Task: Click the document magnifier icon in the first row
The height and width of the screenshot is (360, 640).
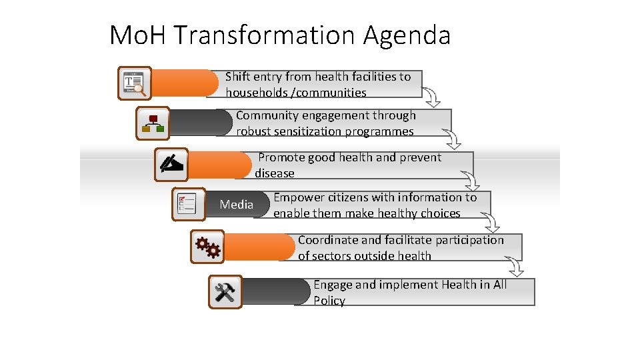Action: [x=135, y=83]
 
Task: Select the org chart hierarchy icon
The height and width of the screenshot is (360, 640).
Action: [x=153, y=123]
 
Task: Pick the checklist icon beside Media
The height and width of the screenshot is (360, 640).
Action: [x=188, y=204]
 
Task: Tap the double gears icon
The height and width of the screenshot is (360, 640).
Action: [x=207, y=247]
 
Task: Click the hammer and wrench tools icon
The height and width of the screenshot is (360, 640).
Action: [x=225, y=292]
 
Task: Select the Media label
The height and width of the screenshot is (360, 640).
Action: [x=237, y=205]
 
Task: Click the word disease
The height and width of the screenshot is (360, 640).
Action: [x=275, y=173]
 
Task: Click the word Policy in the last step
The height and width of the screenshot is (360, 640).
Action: [x=329, y=301]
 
